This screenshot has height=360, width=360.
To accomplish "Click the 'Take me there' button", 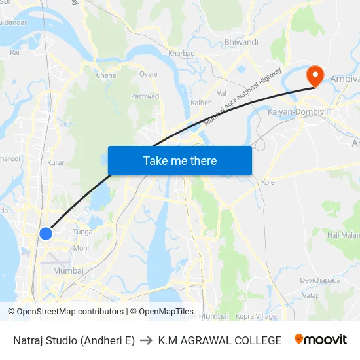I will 179,160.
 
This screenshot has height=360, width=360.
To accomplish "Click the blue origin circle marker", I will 45,233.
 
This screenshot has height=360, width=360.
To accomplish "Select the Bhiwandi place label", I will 241,42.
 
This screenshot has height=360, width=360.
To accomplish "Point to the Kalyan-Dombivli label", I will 298,112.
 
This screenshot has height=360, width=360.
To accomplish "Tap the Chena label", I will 106,75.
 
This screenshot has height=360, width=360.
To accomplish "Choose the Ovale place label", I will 148,74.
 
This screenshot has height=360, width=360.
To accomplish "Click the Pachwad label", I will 145,96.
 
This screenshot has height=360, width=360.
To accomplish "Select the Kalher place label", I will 200,103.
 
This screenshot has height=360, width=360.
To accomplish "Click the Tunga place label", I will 82,232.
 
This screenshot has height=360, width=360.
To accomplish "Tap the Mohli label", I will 82,248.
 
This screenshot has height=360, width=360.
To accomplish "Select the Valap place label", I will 312,295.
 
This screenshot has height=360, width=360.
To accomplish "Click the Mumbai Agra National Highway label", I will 242,96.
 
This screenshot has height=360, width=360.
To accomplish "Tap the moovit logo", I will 320,340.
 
